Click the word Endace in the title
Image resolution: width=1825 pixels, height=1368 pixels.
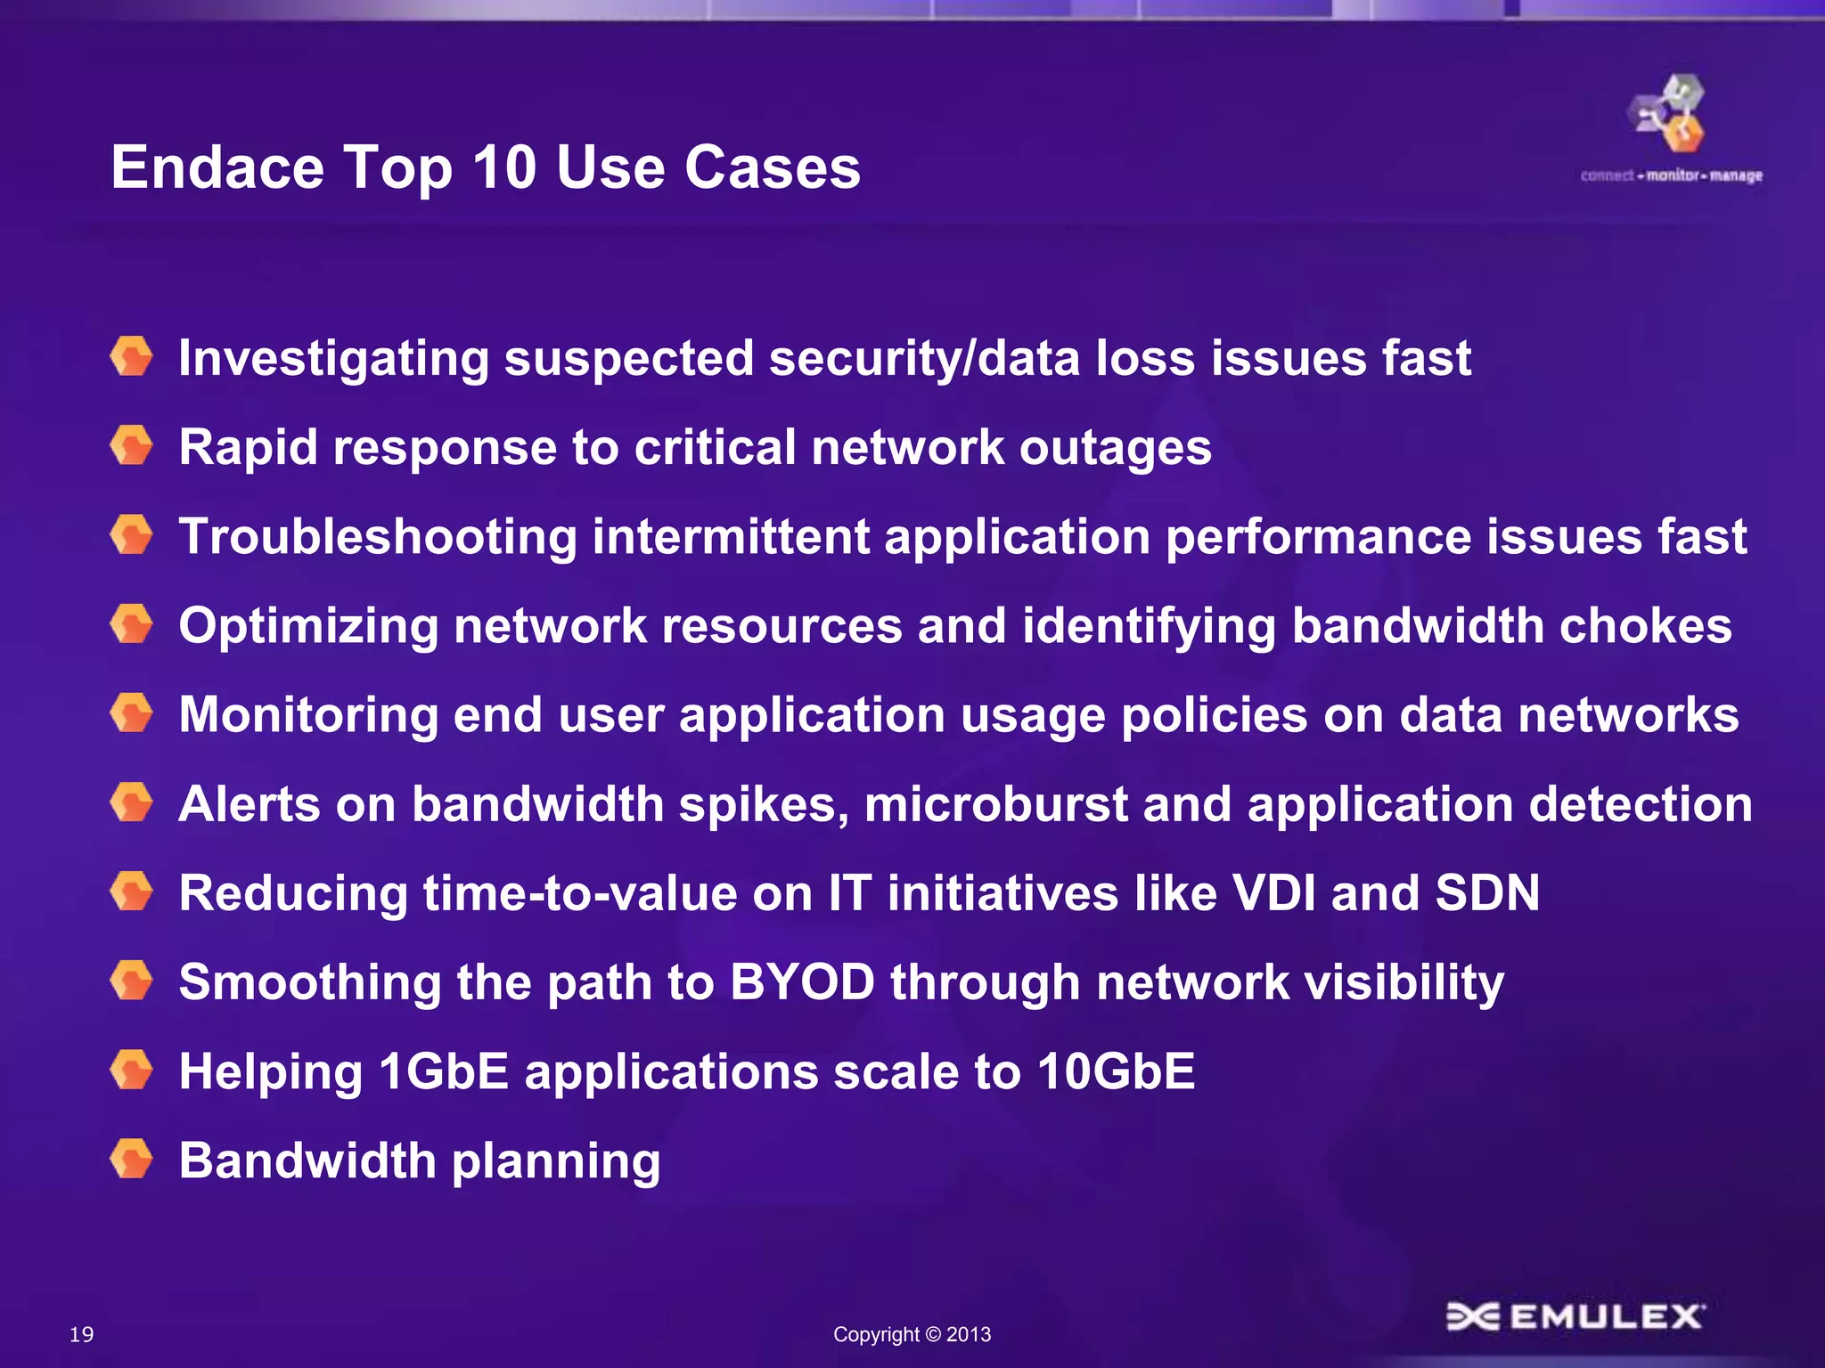click(x=217, y=167)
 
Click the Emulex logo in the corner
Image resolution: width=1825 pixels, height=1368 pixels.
click(x=1575, y=1316)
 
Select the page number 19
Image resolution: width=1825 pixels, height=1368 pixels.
click(x=81, y=1334)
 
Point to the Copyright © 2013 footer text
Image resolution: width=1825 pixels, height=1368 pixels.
click(x=912, y=1334)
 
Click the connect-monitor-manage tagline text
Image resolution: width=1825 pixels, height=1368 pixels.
click(x=1671, y=175)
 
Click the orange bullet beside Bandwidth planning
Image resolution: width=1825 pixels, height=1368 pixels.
click(x=132, y=1160)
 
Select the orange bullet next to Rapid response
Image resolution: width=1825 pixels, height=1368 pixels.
click(x=132, y=445)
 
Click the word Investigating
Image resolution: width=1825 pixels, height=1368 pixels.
click(x=333, y=358)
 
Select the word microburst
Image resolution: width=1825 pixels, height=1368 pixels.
click(x=995, y=804)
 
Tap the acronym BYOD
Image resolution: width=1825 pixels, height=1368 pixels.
click(x=802, y=981)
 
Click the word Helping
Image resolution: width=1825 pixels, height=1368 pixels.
click(x=270, y=1072)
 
